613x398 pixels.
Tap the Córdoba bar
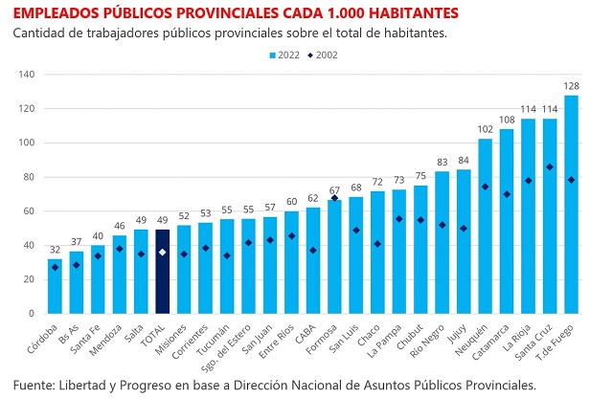pos(56,286)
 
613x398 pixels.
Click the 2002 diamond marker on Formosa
pos(334,198)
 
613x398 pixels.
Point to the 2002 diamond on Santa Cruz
pos(550,167)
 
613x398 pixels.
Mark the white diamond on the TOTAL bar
pos(163,253)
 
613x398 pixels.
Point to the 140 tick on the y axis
pos(26,75)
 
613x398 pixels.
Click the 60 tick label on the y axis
pos(29,211)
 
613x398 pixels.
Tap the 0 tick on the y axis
pos(32,314)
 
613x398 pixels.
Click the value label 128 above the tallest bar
pos(571,85)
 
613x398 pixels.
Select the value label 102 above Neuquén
pos(486,129)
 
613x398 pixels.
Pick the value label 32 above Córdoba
pos(56,249)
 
